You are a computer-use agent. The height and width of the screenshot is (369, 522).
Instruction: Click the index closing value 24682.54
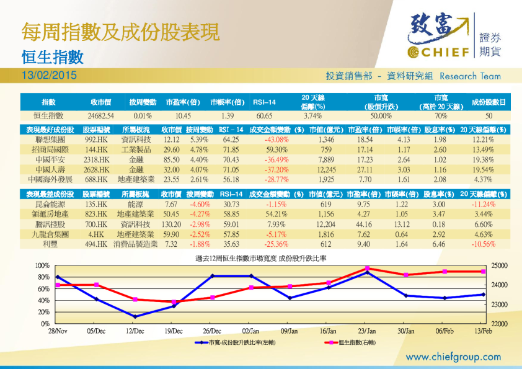100,116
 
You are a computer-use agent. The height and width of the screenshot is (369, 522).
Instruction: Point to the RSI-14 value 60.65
264,116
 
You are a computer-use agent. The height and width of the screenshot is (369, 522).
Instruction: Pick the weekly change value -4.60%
200,204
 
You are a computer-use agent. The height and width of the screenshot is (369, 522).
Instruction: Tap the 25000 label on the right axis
498,265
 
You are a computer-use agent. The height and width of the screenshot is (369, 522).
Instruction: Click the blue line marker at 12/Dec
135,316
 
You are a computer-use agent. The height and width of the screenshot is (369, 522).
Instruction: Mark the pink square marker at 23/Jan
368,268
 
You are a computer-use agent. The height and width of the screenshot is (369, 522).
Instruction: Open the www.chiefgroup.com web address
453,357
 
